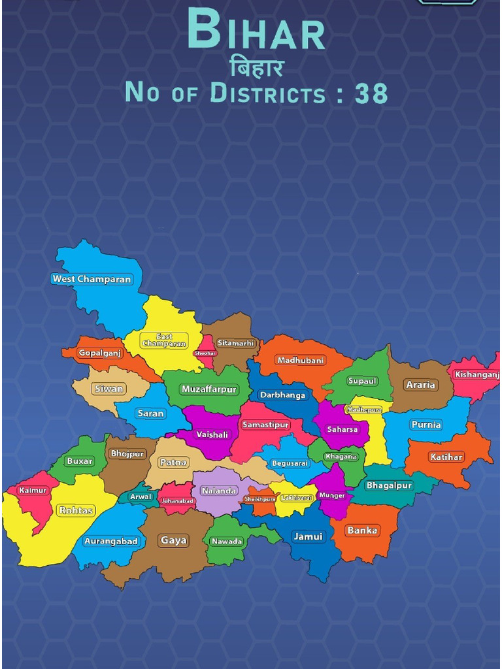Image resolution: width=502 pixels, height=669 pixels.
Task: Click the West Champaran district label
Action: coord(92,279)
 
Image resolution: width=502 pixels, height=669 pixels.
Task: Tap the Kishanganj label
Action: coord(477,375)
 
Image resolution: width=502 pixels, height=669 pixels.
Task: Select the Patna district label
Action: coord(173,462)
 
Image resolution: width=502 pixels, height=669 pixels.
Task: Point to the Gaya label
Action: coord(174,540)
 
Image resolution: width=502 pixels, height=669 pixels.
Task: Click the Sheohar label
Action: coord(205,353)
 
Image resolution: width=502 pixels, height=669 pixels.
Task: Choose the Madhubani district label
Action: coord(300,361)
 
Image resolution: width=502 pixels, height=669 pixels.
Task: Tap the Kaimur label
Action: coord(33,490)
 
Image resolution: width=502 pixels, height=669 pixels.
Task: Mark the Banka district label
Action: coord(363,530)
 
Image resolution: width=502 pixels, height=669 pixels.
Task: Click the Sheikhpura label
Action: coord(259,499)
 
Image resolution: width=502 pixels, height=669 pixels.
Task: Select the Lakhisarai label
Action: coord(297,498)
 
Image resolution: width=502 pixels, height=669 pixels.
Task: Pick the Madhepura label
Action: coord(364,410)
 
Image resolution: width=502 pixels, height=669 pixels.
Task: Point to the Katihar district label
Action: coord(446,457)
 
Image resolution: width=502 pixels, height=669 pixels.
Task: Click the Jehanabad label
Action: coord(178,501)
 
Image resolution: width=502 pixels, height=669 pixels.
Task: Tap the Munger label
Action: coord(332,495)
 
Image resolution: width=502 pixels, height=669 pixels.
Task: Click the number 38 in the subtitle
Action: coord(371,93)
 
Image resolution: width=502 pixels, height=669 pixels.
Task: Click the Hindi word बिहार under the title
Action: coord(257,68)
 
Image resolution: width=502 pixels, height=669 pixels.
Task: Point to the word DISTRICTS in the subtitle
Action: coord(268,93)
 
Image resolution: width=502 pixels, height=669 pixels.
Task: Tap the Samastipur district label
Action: coord(265,425)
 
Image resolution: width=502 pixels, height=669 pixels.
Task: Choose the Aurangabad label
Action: coord(111,541)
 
